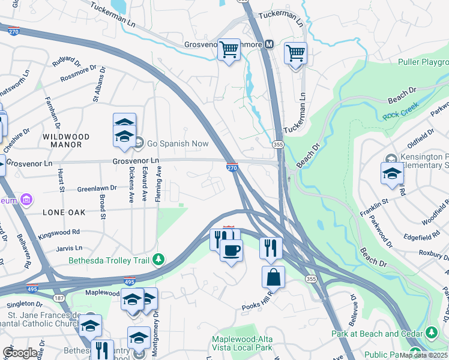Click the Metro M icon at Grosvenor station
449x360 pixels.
click(x=270, y=44)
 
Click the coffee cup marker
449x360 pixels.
click(x=231, y=250)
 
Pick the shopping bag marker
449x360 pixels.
click(x=273, y=277)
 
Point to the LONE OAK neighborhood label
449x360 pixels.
click(x=64, y=212)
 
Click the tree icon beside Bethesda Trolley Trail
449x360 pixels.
click(x=158, y=260)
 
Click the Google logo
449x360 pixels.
click(x=20, y=353)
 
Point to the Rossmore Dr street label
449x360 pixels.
click(x=82, y=75)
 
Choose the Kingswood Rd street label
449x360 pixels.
click(x=58, y=232)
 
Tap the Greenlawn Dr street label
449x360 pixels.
click(x=95, y=188)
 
